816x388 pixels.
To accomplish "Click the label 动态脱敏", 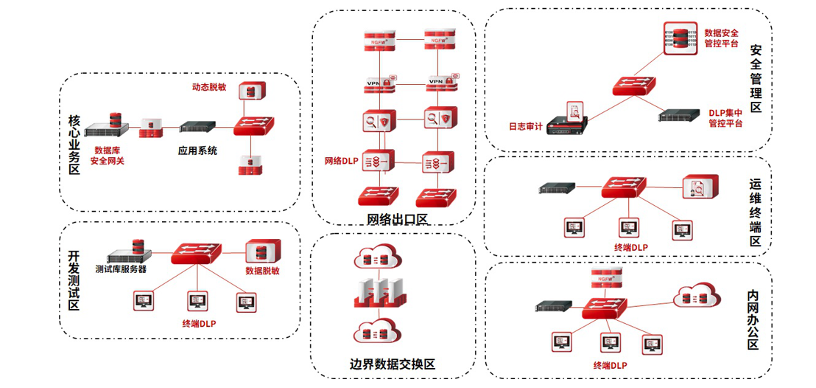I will [x=210, y=87].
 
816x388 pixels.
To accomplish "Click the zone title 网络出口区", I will [x=397, y=219].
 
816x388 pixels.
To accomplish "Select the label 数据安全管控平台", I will [x=721, y=38].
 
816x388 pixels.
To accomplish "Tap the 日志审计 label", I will [x=526, y=127].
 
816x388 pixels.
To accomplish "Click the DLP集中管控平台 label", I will [x=725, y=118].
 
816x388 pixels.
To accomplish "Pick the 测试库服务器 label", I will [x=121, y=269].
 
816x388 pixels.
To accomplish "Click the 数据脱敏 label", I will [x=262, y=271].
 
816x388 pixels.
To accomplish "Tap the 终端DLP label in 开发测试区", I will [x=199, y=323].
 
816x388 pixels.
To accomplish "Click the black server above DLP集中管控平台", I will [x=678, y=114].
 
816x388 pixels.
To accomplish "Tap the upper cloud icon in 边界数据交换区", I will [x=380, y=258].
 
